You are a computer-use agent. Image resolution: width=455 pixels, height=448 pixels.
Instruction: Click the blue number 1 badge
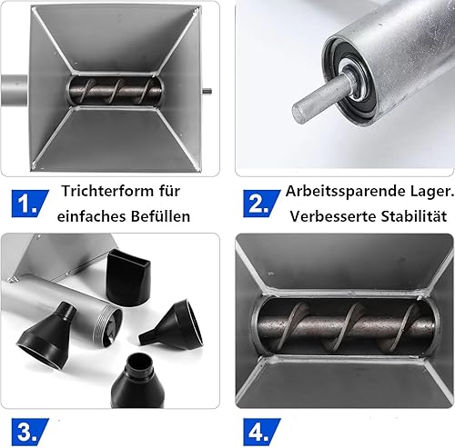[30, 204]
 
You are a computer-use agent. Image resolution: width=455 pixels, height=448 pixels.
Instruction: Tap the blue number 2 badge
[261, 204]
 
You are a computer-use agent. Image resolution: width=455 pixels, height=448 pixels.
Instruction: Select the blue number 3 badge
[30, 432]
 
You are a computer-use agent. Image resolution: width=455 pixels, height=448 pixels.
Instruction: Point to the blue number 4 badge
[261, 432]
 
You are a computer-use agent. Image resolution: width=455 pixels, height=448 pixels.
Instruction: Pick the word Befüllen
[160, 216]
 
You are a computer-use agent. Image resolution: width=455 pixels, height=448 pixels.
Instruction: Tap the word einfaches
[92, 216]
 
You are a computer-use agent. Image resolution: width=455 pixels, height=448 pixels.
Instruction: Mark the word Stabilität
[414, 216]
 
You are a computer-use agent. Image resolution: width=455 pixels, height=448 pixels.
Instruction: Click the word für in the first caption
[169, 191]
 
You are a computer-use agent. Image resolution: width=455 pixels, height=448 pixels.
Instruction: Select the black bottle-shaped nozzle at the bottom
[137, 381]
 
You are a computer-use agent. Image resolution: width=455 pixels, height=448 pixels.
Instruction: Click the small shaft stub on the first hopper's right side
[207, 91]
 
